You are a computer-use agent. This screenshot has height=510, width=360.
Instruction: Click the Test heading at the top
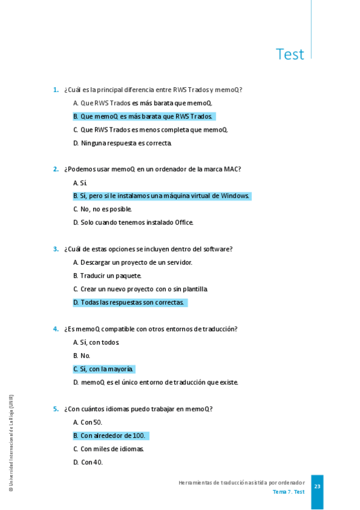coord(290,54)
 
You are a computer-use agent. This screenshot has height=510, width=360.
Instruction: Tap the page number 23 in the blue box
coord(317,487)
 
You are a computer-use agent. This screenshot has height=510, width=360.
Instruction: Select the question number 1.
coord(55,90)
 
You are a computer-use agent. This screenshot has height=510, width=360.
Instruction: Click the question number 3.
coord(55,249)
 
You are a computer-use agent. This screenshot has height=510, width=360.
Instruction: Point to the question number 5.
coord(55,409)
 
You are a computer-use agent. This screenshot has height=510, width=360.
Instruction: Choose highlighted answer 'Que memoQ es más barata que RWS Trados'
coord(144,117)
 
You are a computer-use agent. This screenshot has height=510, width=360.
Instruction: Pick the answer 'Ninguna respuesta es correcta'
coord(123,143)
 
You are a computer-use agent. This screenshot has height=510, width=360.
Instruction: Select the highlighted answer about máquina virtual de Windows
coord(162,196)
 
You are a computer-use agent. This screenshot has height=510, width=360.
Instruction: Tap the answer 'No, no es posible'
coord(102,209)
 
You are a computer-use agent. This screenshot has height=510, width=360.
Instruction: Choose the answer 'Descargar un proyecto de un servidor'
coord(133,262)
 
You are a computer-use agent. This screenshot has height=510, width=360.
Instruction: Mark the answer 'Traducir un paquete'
coord(107,275)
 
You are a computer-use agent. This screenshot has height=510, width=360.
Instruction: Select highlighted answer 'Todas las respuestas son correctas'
coord(130,303)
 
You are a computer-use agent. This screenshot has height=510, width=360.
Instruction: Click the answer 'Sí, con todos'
coord(96,342)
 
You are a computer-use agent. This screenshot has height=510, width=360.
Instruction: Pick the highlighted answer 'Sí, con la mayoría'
coord(104,369)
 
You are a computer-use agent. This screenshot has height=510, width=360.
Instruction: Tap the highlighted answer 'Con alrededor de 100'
coord(110,435)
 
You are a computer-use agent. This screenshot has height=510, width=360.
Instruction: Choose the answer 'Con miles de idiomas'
coord(109,449)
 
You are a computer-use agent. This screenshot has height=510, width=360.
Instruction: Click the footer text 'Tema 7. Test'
coord(288,492)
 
